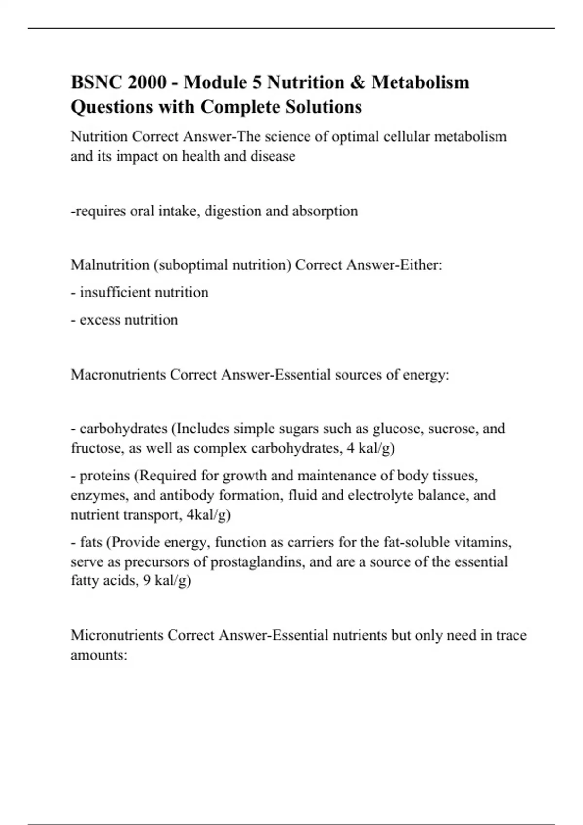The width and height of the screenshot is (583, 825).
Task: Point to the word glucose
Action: pos(392,429)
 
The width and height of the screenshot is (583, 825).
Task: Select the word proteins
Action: pos(105,476)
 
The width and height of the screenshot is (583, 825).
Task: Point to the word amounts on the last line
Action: pos(99,655)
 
